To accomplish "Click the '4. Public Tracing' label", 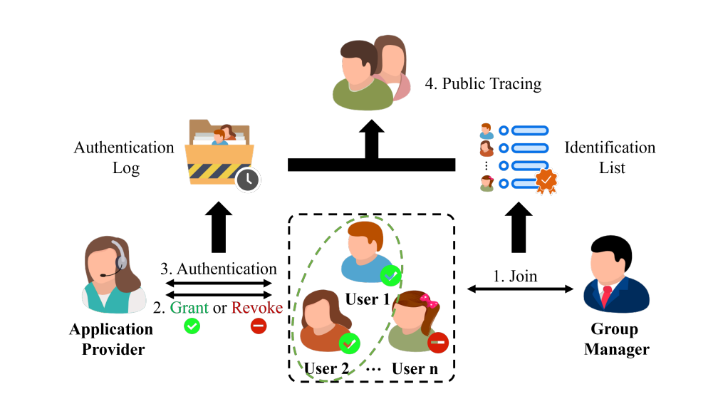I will [x=483, y=84].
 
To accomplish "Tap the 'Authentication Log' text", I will [x=124, y=158].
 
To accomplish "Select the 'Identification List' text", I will [x=610, y=158].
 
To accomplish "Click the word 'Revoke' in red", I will [x=256, y=308].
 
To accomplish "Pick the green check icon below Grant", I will [x=192, y=327].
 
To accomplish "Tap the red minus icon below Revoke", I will [x=258, y=327].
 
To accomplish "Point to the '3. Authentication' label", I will [x=218, y=269].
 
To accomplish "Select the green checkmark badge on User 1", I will [x=390, y=275].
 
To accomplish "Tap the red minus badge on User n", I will [x=437, y=343].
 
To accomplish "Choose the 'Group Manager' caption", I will [x=616, y=339].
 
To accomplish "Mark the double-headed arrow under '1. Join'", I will [x=521, y=289].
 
